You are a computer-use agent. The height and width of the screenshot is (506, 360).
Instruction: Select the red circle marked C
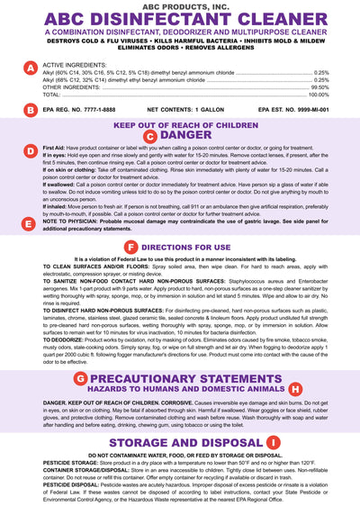[x=150, y=136]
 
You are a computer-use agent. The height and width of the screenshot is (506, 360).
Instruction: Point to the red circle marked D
[x=31, y=149]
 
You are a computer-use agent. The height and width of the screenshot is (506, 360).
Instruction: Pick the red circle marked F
[x=131, y=246]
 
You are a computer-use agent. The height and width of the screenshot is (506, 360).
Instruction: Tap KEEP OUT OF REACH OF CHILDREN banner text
[x=180, y=125]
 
